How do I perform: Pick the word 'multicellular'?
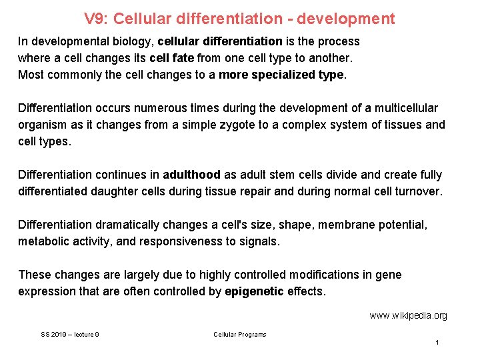tap(404, 108)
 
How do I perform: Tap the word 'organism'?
tap(43, 125)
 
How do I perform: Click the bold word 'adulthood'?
tap(191, 175)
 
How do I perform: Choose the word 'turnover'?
tap(416, 191)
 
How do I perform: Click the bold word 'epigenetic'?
tap(255, 291)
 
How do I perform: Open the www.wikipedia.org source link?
tap(408, 315)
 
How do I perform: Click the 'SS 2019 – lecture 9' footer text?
tap(70, 335)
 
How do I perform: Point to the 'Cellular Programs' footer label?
tap(239, 335)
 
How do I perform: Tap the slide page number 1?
tap(437, 343)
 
